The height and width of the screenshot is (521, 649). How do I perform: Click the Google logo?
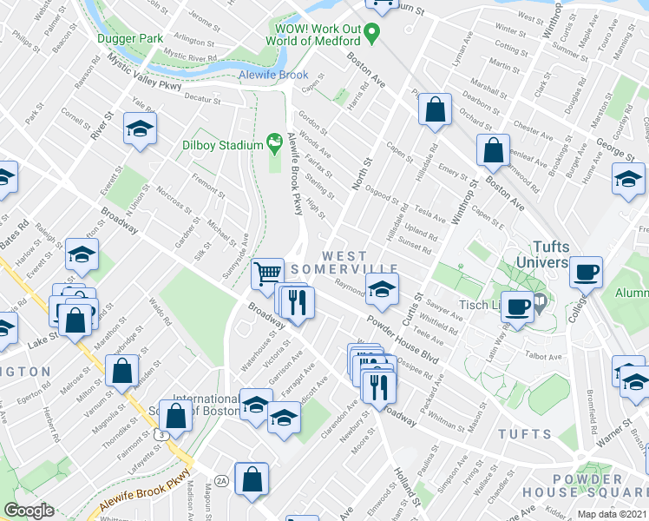29,511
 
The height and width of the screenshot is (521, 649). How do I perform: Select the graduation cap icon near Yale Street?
138,129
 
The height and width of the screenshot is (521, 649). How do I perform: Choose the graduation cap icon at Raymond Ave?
381,290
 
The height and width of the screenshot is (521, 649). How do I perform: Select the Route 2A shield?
221,479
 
